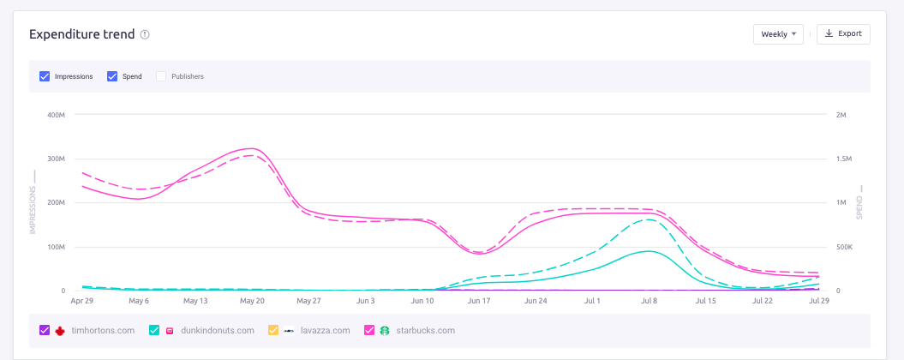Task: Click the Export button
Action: pyautogui.click(x=843, y=34)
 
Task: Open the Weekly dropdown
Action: pyautogui.click(x=778, y=34)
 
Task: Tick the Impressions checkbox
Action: pyautogui.click(x=45, y=76)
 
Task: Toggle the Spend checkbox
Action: pyautogui.click(x=112, y=76)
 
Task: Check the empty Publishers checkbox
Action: pyautogui.click(x=161, y=76)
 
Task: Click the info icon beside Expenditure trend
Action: pyautogui.click(x=145, y=35)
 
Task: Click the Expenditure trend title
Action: pyautogui.click(x=81, y=34)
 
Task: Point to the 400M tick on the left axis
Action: pyautogui.click(x=56, y=115)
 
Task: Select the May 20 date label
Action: pyautogui.click(x=253, y=301)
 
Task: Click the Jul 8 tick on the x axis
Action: pyautogui.click(x=649, y=301)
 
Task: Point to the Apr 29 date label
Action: pyautogui.click(x=82, y=301)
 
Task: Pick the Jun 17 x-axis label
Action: pyautogui.click(x=479, y=301)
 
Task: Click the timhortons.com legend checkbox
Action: pyautogui.click(x=45, y=330)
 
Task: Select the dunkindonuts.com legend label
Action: pyautogui.click(x=218, y=330)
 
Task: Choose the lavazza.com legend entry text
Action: pyautogui.click(x=326, y=330)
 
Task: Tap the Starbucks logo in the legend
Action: pyautogui.click(x=385, y=330)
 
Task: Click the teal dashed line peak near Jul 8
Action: pyautogui.click(x=650, y=219)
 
